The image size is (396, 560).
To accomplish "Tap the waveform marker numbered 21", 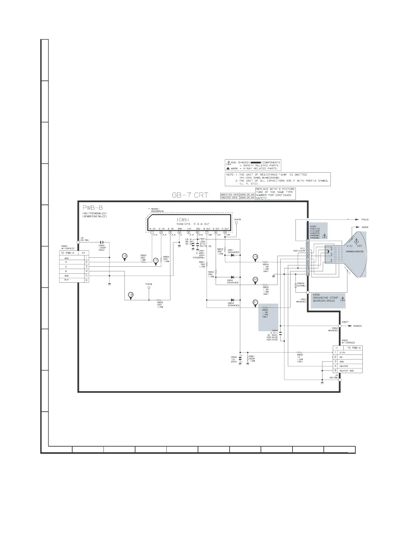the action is pyautogui.click(x=255, y=302).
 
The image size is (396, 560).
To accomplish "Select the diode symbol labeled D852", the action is pyautogui.click(x=232, y=277).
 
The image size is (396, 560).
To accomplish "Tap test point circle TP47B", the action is pyautogui.click(x=149, y=288).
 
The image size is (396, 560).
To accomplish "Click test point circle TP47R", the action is pyautogui.click(x=236, y=223).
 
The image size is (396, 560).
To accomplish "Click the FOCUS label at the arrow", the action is pyautogui.click(x=365, y=220).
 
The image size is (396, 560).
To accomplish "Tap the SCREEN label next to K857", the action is pyautogui.click(x=357, y=326).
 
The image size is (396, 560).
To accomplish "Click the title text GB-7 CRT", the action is pyautogui.click(x=190, y=195).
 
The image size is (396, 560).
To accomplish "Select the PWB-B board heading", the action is pyautogui.click(x=93, y=208).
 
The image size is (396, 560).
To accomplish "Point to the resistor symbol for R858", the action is pyautogui.click(x=299, y=352).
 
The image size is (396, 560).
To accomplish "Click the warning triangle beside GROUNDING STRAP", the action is pyautogui.click(x=343, y=299).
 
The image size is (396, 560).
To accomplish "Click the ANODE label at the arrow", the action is pyautogui.click(x=365, y=227).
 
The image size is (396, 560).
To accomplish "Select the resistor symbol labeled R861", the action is pyautogui.click(x=248, y=358).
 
